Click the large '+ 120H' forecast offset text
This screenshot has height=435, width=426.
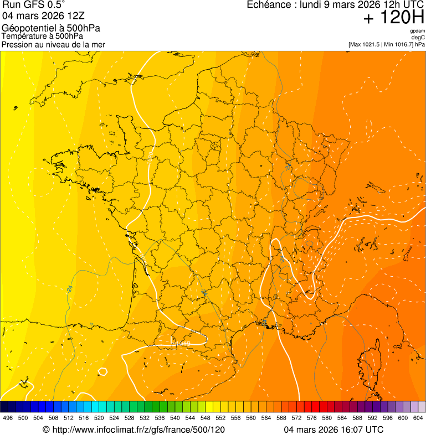(x=393, y=18)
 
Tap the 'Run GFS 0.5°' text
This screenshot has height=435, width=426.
(x=33, y=6)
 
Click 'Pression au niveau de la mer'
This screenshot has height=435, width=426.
(x=53, y=44)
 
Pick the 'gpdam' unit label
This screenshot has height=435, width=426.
(x=417, y=31)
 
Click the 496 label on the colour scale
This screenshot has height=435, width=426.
(x=8, y=418)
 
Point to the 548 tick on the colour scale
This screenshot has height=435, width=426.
(x=205, y=418)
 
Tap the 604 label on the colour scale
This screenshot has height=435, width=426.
(x=418, y=418)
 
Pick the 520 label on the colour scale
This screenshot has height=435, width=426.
(x=99, y=418)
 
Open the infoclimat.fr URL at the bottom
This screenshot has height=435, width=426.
(x=134, y=429)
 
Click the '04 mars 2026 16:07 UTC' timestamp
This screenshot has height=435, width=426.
(x=333, y=429)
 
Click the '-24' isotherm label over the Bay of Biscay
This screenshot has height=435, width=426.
(x=69, y=288)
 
